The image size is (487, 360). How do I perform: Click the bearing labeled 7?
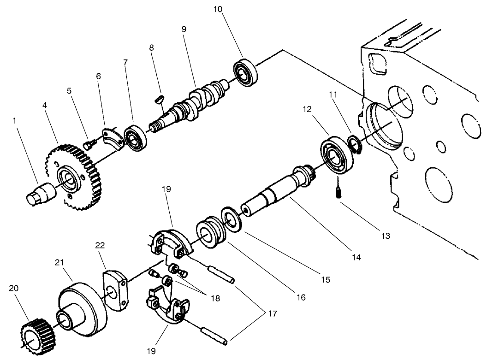(137, 137)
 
